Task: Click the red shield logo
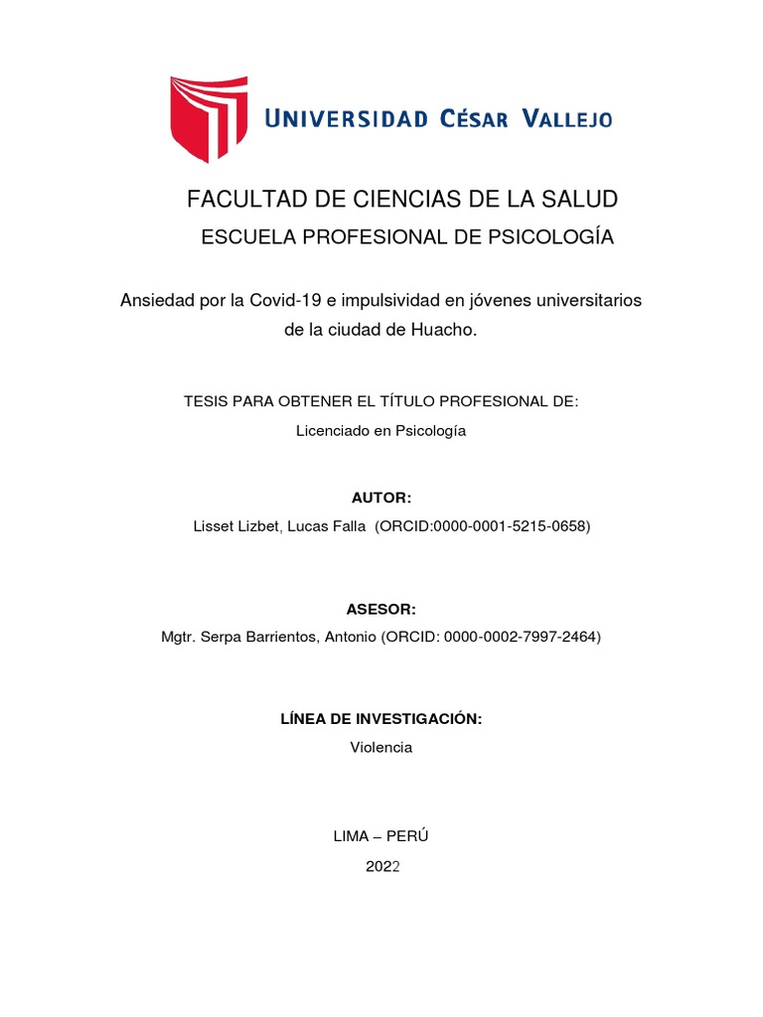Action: (x=209, y=117)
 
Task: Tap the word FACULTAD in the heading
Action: (x=235, y=200)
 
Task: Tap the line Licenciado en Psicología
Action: (x=381, y=431)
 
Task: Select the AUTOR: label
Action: (x=381, y=498)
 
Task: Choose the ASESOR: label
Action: (x=381, y=610)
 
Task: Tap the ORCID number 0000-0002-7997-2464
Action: (x=523, y=638)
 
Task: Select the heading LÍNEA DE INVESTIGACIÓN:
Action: (x=381, y=718)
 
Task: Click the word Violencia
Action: (x=381, y=747)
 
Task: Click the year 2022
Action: (x=381, y=866)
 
